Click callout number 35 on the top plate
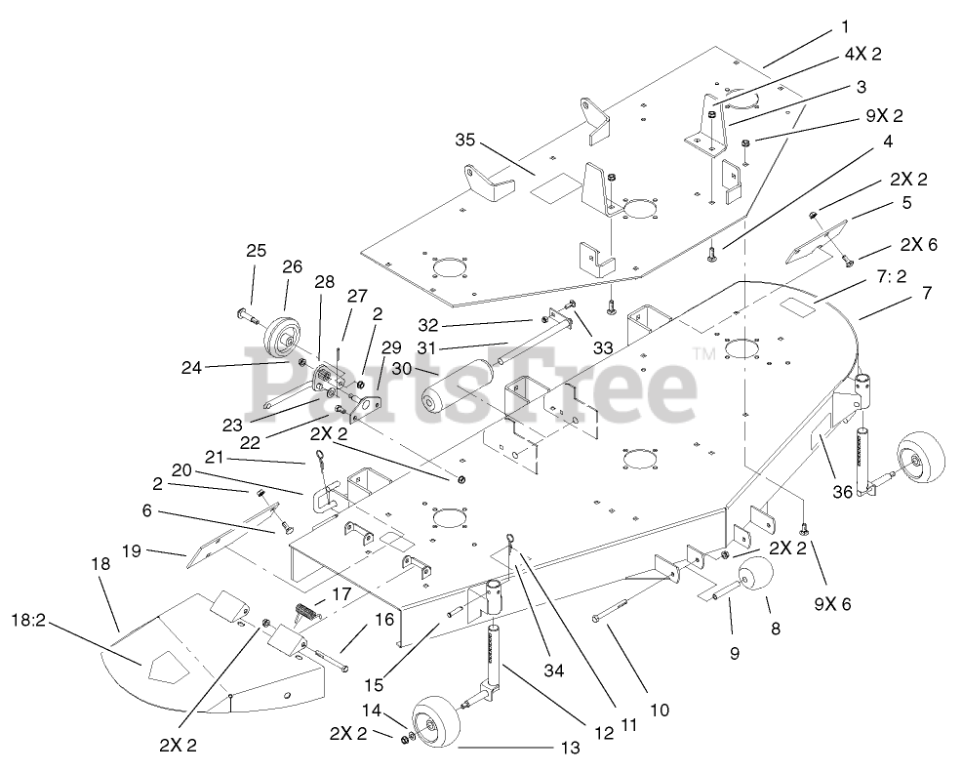click(464, 142)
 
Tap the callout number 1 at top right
click(845, 26)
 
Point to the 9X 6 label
click(831, 604)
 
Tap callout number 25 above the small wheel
click(256, 252)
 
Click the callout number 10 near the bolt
click(660, 711)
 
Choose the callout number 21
click(215, 458)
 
